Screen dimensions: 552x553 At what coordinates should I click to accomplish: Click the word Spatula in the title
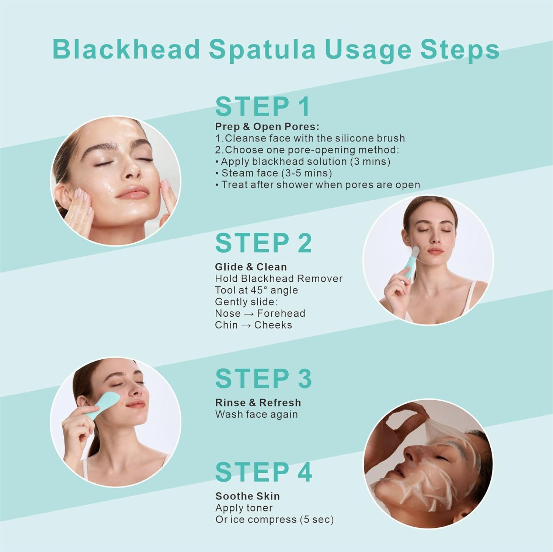click(262, 49)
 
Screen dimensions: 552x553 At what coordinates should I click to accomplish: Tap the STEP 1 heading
click(262, 107)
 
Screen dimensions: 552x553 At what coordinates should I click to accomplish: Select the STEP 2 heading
click(263, 243)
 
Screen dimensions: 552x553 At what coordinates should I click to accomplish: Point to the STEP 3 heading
click(263, 379)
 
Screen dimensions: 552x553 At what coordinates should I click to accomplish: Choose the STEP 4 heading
click(263, 472)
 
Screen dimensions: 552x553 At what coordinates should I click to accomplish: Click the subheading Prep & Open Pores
click(267, 127)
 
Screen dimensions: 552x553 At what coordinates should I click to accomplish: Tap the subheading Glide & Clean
click(251, 267)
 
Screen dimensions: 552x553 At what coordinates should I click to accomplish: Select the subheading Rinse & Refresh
click(258, 402)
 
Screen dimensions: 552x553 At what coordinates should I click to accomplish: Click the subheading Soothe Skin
click(247, 496)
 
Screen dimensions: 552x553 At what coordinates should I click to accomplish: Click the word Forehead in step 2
click(281, 313)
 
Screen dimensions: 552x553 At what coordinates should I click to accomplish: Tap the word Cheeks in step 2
click(273, 325)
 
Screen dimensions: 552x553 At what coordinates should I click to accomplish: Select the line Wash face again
click(256, 414)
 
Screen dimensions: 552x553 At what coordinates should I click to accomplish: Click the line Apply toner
click(244, 508)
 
